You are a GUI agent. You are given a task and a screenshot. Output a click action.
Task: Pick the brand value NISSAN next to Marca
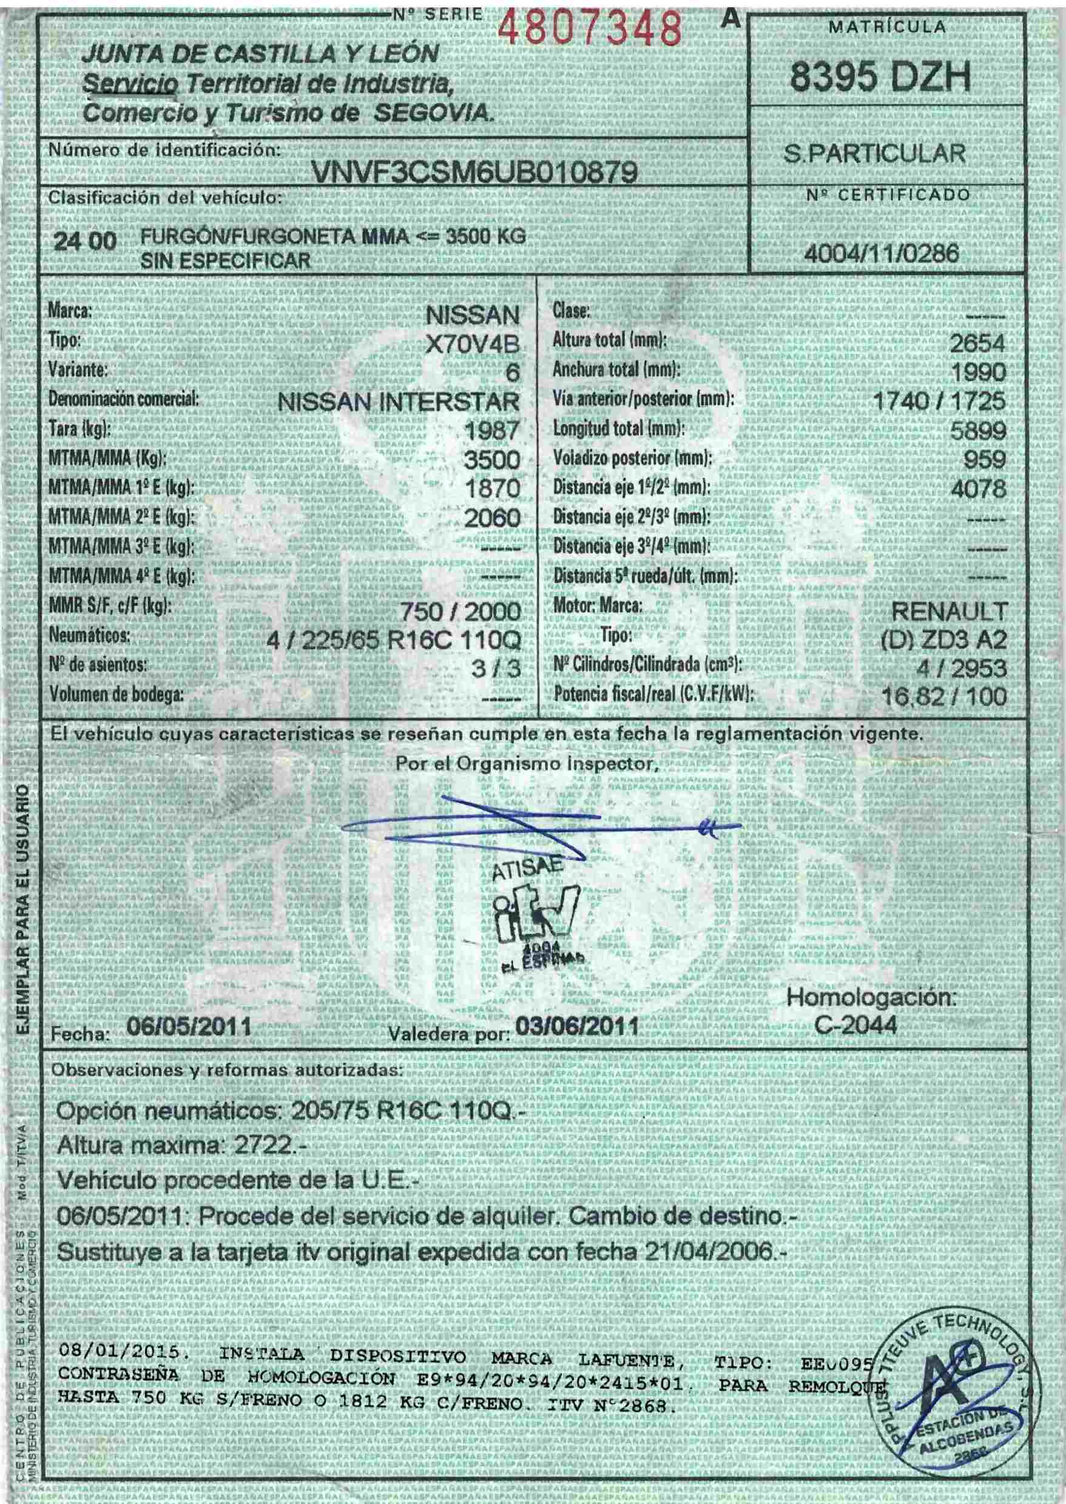[x=473, y=316]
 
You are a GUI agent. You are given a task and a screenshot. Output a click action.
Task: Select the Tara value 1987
[x=491, y=432]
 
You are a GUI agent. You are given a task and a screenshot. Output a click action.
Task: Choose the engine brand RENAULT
[x=948, y=611]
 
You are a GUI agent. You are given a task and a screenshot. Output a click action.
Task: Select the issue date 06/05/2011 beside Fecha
[x=189, y=1026]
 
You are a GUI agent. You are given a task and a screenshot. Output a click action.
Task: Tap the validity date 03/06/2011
[x=577, y=1026]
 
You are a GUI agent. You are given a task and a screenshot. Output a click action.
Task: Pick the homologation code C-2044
[x=855, y=1026]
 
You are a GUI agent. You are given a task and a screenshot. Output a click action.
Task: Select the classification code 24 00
[x=86, y=242]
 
